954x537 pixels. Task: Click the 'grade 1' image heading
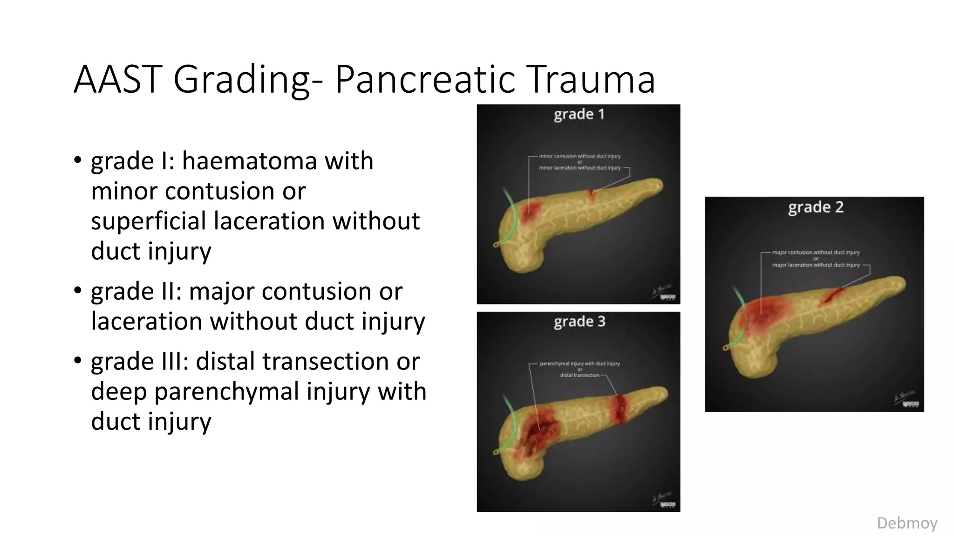pos(579,115)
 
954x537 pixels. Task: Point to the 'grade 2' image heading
pos(816,207)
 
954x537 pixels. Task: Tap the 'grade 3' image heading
pos(579,322)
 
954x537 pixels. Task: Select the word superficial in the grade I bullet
pos(148,221)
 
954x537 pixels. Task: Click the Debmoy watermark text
pos(906,523)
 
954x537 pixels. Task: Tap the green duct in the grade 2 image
pos(737,298)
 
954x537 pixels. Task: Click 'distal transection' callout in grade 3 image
pos(579,375)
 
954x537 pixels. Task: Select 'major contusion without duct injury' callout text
pos(816,252)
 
